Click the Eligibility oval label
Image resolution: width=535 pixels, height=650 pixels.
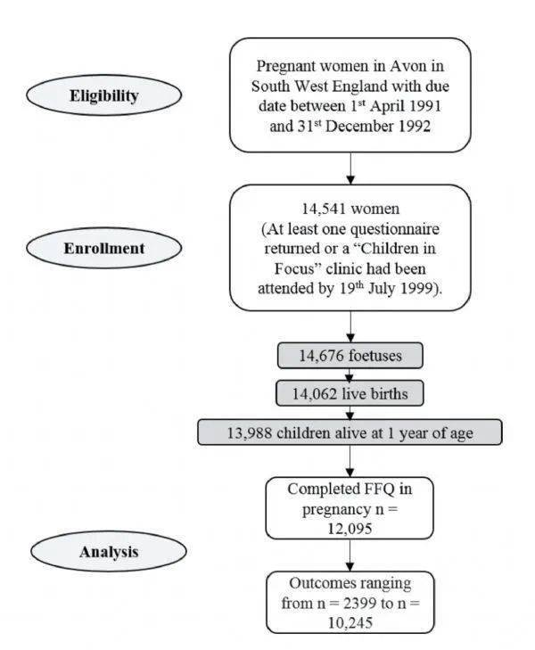103,95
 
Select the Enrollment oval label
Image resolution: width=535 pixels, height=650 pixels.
103,248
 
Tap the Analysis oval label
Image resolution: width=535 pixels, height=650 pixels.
109,551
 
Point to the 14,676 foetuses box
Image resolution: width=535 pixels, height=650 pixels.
350,355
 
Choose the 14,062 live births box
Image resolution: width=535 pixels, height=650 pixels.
350,393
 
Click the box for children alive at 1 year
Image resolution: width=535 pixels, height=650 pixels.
350,432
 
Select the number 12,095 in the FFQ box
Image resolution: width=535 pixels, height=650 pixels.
350,529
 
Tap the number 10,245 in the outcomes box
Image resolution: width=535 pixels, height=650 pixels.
350,622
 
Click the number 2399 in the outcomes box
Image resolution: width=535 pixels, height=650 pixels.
359,603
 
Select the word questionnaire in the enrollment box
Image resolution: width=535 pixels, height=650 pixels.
394,229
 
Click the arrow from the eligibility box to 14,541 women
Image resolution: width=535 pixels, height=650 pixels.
350,169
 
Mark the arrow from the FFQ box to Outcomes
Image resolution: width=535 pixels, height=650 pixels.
350,555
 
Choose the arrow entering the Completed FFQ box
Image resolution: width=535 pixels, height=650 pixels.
350,461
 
